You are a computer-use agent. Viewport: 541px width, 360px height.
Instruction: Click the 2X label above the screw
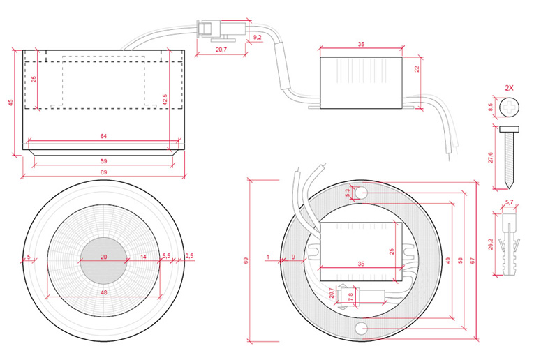pyautogui.click(x=509, y=88)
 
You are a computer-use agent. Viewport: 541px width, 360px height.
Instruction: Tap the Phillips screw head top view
pyautogui.click(x=510, y=107)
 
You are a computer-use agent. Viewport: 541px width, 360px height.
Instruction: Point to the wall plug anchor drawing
pyautogui.click(x=510, y=244)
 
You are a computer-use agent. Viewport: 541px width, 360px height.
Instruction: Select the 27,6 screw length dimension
pyautogui.click(x=491, y=158)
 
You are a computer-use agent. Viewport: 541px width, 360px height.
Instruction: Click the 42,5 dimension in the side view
pyautogui.click(x=165, y=99)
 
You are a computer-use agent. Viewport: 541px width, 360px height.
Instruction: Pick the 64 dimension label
pyautogui.click(x=103, y=136)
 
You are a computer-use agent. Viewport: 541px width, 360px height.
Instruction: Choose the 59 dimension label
pyautogui.click(x=103, y=161)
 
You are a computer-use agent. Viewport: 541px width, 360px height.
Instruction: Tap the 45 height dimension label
pyautogui.click(x=10, y=103)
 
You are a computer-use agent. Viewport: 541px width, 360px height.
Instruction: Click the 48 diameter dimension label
pyautogui.click(x=103, y=292)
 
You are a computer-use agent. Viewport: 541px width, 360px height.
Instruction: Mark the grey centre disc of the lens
pyautogui.click(x=103, y=261)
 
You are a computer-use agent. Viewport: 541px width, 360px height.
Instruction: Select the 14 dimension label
pyautogui.click(x=144, y=257)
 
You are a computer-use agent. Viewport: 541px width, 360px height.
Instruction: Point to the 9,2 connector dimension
pyautogui.click(x=258, y=37)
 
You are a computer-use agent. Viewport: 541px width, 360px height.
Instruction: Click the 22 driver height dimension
pyautogui.click(x=417, y=69)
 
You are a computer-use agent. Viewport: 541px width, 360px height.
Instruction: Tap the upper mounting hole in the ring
pyautogui.click(x=361, y=193)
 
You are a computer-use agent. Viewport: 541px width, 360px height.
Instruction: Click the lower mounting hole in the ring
pyautogui.click(x=361, y=329)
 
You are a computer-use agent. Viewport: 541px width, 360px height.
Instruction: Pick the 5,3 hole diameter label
pyautogui.click(x=348, y=192)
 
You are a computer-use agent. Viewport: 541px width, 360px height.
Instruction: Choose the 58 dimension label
pyautogui.click(x=460, y=260)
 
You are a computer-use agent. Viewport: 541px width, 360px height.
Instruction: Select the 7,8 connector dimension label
pyautogui.click(x=351, y=297)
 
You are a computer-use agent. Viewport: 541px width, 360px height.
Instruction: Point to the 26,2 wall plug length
pyautogui.click(x=491, y=244)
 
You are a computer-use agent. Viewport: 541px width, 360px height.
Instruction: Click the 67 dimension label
pyautogui.click(x=473, y=260)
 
